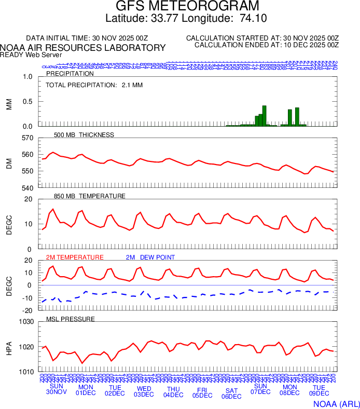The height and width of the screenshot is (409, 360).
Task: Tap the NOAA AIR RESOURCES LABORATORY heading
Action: [84, 48]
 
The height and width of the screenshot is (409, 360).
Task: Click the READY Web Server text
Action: [31, 55]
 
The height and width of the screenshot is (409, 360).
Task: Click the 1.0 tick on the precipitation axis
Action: [27, 77]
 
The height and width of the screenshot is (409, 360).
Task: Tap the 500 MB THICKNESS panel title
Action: [84, 135]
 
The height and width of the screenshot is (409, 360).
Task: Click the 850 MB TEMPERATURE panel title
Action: [90, 196]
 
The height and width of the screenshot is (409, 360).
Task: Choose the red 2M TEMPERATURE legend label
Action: [75, 257]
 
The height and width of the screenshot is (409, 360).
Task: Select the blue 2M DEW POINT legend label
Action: [150, 257]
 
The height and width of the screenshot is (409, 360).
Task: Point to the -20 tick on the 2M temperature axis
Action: [27, 310]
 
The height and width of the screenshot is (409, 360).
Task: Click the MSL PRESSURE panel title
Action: [71, 319]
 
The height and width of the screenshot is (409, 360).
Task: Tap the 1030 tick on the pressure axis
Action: [25, 322]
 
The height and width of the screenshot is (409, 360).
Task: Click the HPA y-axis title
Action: [9, 347]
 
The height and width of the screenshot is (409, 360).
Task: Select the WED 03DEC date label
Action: [144, 391]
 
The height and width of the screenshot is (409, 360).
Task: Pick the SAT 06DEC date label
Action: [231, 393]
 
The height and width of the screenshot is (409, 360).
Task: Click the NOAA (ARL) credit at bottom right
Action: [336, 403]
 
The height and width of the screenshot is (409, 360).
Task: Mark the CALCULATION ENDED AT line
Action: [267, 45]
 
